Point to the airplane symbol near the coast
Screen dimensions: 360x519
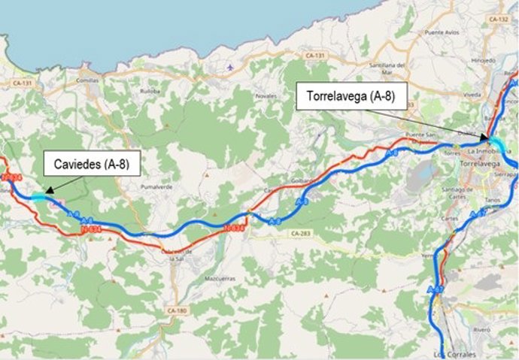click(x=229, y=67)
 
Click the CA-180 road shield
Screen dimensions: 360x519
click(x=176, y=310)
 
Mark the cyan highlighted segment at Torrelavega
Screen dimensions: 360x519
click(x=496, y=144)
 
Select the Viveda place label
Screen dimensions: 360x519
click(x=472, y=95)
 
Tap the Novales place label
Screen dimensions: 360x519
click(x=267, y=96)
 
